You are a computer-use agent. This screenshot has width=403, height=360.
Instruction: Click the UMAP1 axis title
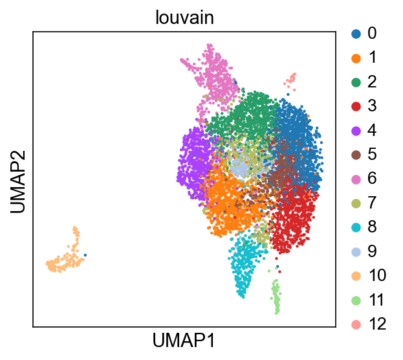pos(184,341)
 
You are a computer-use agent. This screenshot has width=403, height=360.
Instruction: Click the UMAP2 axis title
pos(17,182)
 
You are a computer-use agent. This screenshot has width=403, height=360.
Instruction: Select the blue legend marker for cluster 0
pos(356,34)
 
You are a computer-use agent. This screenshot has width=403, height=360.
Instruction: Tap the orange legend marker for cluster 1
pos(356,58)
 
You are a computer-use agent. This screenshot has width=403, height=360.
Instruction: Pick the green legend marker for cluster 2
pos(356,82)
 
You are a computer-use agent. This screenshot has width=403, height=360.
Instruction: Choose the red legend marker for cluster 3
pos(356,106)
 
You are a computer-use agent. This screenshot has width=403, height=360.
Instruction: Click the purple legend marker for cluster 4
pos(356,131)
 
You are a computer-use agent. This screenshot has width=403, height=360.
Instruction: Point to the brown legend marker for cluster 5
pos(356,155)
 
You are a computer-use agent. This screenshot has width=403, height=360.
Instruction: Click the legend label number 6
pos(372,178)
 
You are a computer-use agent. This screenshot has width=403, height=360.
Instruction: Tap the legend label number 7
pos(372,203)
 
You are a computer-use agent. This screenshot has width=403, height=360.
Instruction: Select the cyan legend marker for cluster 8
pos(356,227)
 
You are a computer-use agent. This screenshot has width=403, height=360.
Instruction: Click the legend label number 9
pos(372,251)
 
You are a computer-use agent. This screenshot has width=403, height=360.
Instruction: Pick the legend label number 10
pos(377,275)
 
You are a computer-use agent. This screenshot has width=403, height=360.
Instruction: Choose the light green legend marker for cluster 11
pos(356,300)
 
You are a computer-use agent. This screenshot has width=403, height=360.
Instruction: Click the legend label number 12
pos(377,324)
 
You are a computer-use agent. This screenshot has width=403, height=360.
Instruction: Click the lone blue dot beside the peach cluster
pos(85,255)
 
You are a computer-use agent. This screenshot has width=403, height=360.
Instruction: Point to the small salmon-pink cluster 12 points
pos(290,81)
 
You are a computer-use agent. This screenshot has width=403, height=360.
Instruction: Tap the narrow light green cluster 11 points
pos(276,296)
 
